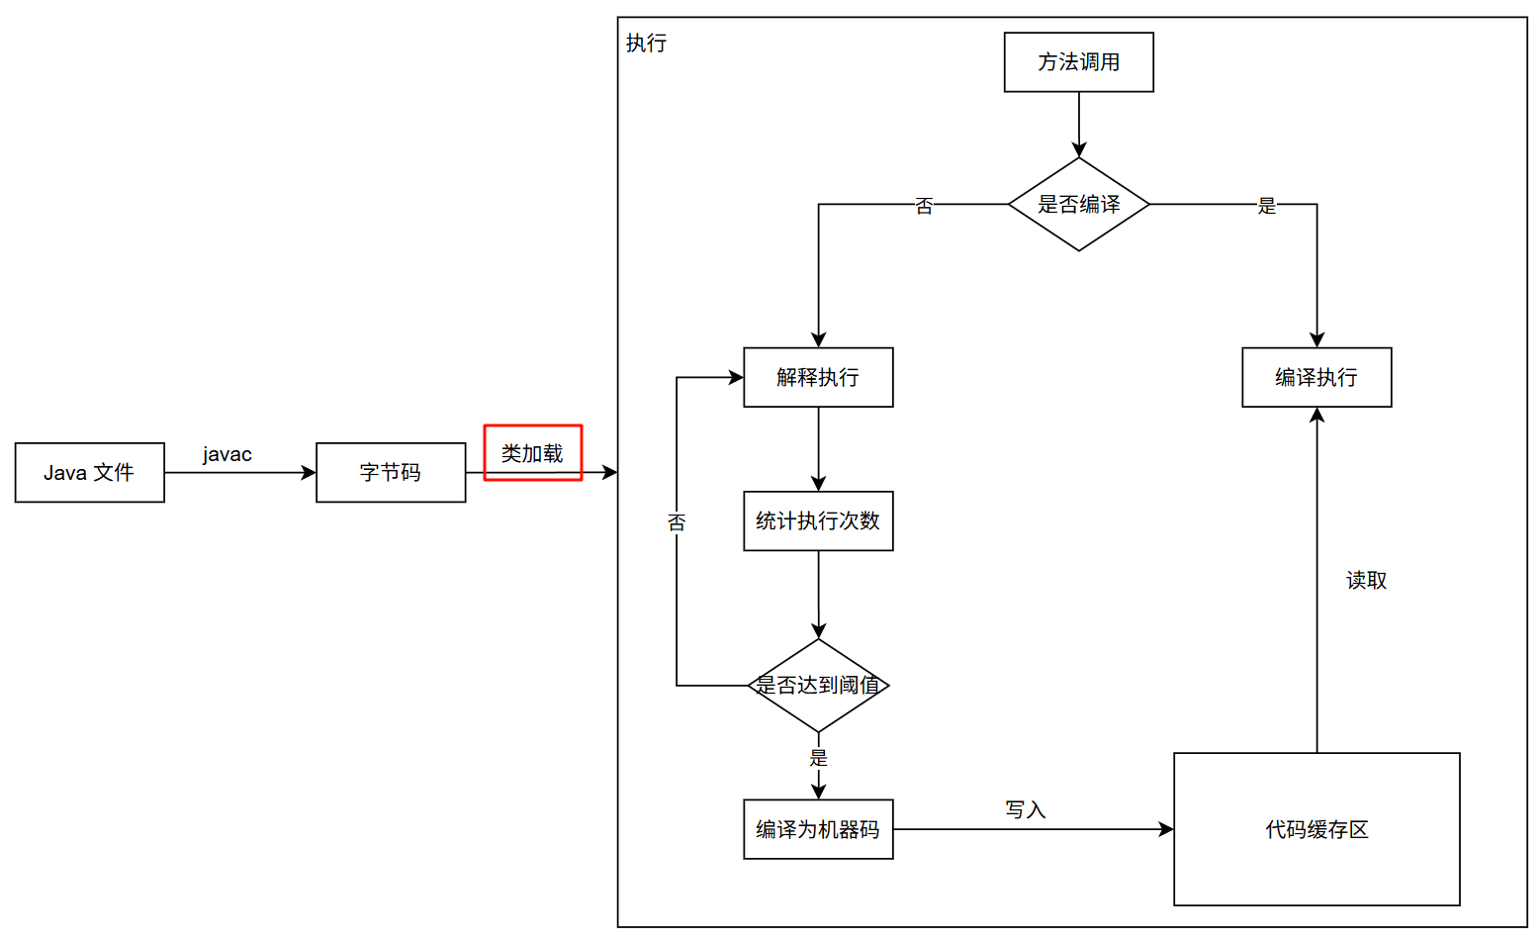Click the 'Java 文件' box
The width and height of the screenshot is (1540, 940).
point(89,473)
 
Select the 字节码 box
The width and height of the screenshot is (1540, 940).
point(391,473)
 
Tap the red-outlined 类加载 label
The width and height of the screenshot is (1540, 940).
point(532,453)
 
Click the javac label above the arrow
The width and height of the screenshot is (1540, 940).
point(227,454)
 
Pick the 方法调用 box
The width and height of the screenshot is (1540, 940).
point(1078,62)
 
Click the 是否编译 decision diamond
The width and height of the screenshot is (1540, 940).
point(1078,205)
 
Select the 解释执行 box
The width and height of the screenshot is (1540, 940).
point(818,377)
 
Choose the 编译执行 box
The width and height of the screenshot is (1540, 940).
point(1316,377)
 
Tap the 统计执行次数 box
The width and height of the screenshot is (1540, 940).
point(818,521)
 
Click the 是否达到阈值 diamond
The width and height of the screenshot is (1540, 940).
point(818,685)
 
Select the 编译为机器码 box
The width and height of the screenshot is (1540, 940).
point(818,829)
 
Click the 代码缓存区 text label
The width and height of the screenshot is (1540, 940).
point(1316,830)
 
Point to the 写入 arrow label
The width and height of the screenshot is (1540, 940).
point(1026,810)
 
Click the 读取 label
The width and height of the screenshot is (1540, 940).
point(1366,581)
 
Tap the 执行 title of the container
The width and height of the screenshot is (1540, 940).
point(647,44)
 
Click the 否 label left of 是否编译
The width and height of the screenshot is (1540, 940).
point(924,206)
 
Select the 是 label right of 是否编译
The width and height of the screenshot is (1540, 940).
point(1267,206)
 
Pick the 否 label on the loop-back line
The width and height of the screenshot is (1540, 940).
point(677,522)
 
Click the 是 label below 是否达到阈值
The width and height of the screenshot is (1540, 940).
point(818,758)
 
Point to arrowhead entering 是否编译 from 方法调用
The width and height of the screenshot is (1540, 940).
point(1078,150)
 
